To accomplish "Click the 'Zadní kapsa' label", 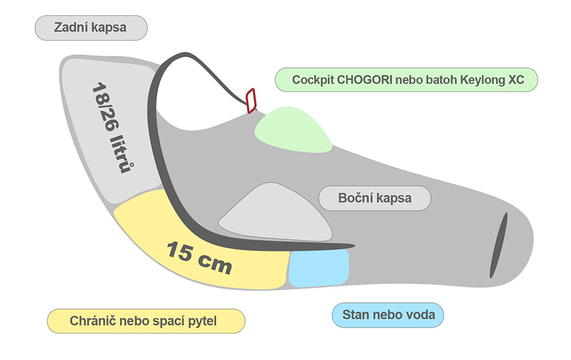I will tap(91, 28).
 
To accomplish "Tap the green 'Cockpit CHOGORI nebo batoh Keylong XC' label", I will tap(406, 81).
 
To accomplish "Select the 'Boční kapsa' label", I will tap(374, 198).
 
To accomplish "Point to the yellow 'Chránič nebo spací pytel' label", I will tap(146, 321).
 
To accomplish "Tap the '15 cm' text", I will tap(199, 257).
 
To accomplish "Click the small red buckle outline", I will tap(250, 100).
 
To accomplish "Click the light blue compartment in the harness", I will tap(319, 267).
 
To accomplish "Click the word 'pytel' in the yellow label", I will tap(202, 321).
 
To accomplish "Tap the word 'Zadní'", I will tap(72, 28).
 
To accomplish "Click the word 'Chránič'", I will tap(81, 321).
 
